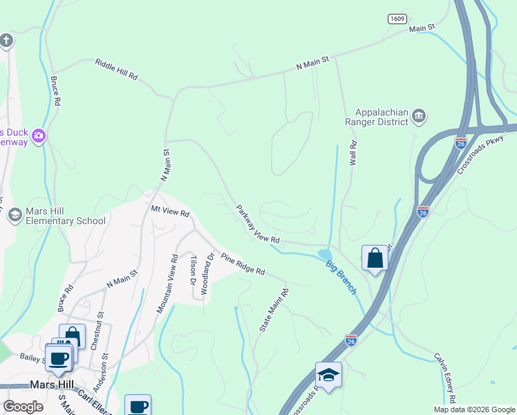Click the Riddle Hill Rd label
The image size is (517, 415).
[x=116, y=69]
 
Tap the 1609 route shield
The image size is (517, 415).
[x=396, y=19]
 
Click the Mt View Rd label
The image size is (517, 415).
[x=170, y=213]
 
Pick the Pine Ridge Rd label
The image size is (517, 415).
[x=243, y=264]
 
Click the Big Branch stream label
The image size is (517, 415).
[x=341, y=276]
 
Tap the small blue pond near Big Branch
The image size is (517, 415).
[x=324, y=255]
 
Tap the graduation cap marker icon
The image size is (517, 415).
[x=328, y=375]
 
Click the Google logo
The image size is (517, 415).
[x=23, y=407]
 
